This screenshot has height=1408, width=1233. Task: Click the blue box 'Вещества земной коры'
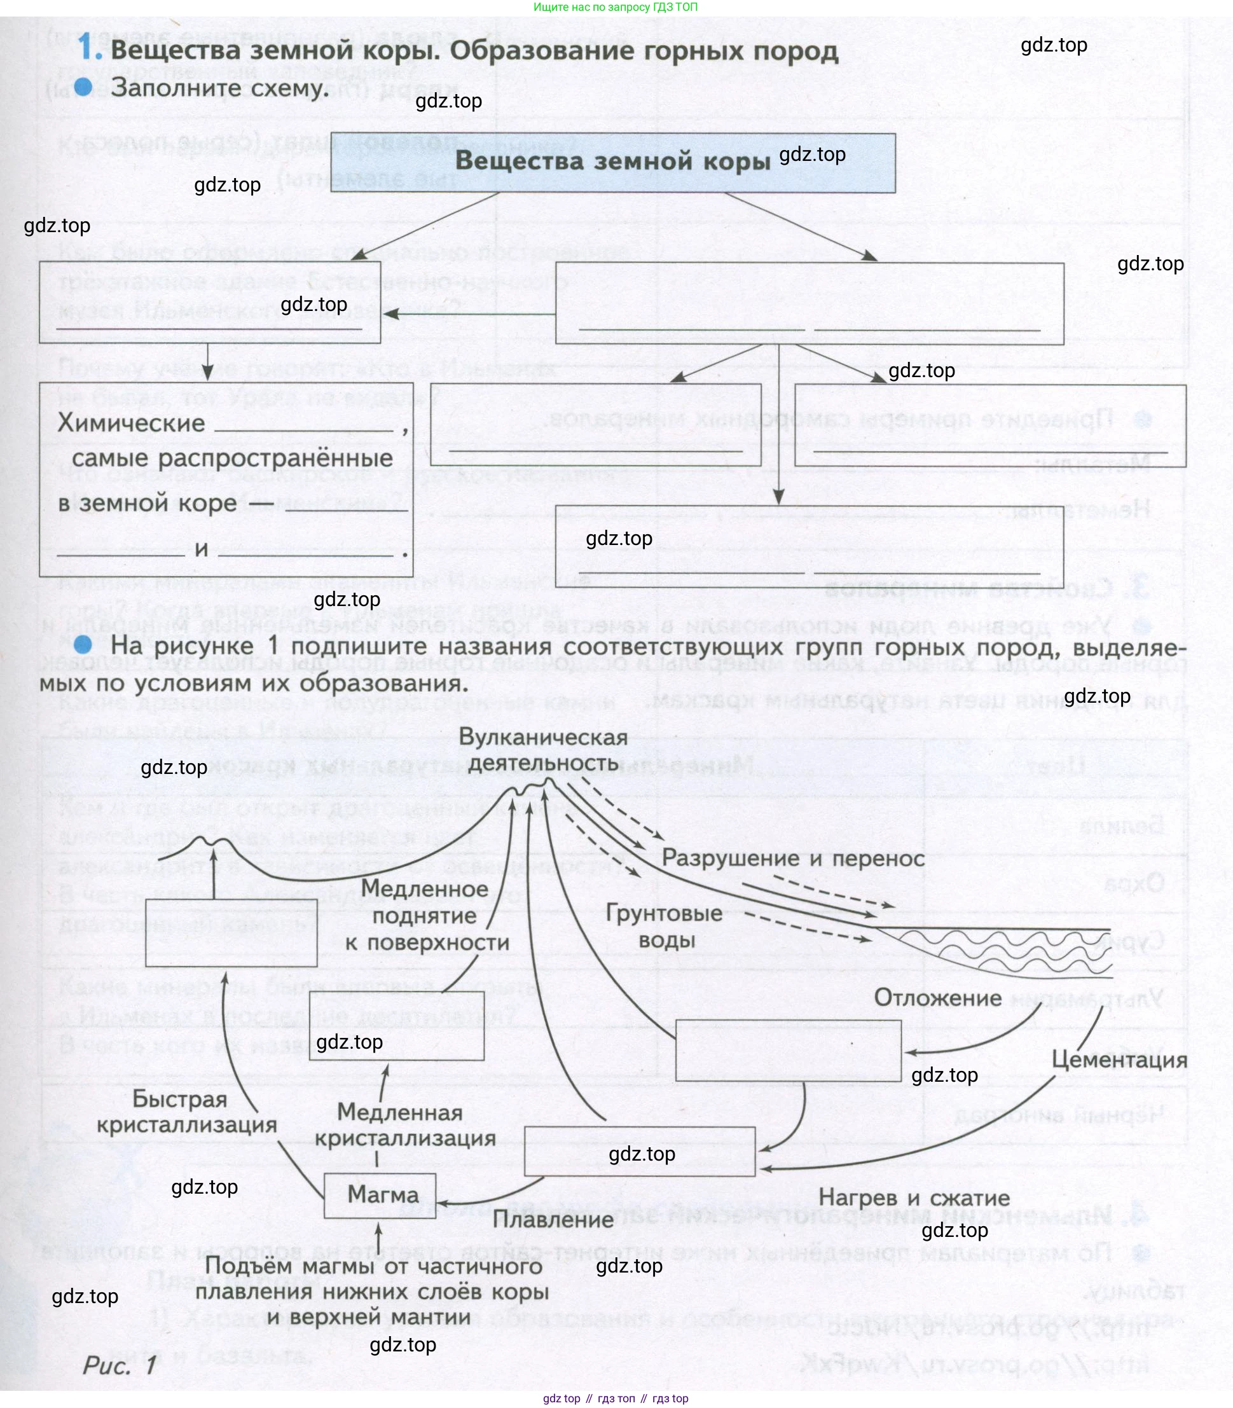pos(612,162)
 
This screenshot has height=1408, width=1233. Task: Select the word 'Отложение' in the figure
pos(937,998)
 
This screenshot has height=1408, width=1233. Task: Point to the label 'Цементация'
pos(1119,1059)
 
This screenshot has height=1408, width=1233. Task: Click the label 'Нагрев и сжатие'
pos(914,1198)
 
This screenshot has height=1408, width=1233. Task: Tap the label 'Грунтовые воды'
pos(664,927)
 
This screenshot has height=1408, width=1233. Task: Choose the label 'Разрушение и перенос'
pos(792,858)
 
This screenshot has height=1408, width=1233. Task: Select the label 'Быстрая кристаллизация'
pos(186,1112)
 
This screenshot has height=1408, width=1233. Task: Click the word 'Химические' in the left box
pos(131,423)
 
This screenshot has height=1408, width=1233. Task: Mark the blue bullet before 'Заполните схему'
pos(83,86)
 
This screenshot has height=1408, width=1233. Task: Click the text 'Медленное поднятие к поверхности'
pos(427,916)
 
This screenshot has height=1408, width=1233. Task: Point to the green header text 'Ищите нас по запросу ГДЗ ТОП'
pos(615,7)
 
